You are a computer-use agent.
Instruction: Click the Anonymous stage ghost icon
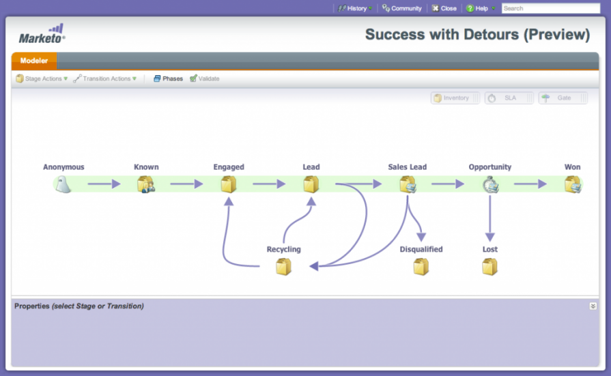(63, 184)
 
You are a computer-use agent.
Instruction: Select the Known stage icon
(146, 184)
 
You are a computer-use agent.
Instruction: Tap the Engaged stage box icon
(229, 184)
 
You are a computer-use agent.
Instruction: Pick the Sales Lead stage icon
(408, 184)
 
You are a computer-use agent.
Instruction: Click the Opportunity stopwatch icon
(489, 184)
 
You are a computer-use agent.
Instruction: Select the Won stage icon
(572, 184)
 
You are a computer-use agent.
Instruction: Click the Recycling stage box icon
(283, 267)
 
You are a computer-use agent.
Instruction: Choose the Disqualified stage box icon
(421, 267)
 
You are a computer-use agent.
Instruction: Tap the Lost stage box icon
(489, 267)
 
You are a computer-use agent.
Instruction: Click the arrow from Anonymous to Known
(104, 184)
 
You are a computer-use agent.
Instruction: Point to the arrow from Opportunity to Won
(530, 184)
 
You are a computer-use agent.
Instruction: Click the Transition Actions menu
(106, 79)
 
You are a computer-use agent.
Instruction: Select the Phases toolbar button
(168, 79)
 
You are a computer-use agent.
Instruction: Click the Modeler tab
(34, 61)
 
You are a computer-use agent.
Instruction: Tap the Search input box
(550, 9)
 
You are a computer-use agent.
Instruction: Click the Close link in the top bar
(444, 9)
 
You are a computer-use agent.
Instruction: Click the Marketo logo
(42, 33)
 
